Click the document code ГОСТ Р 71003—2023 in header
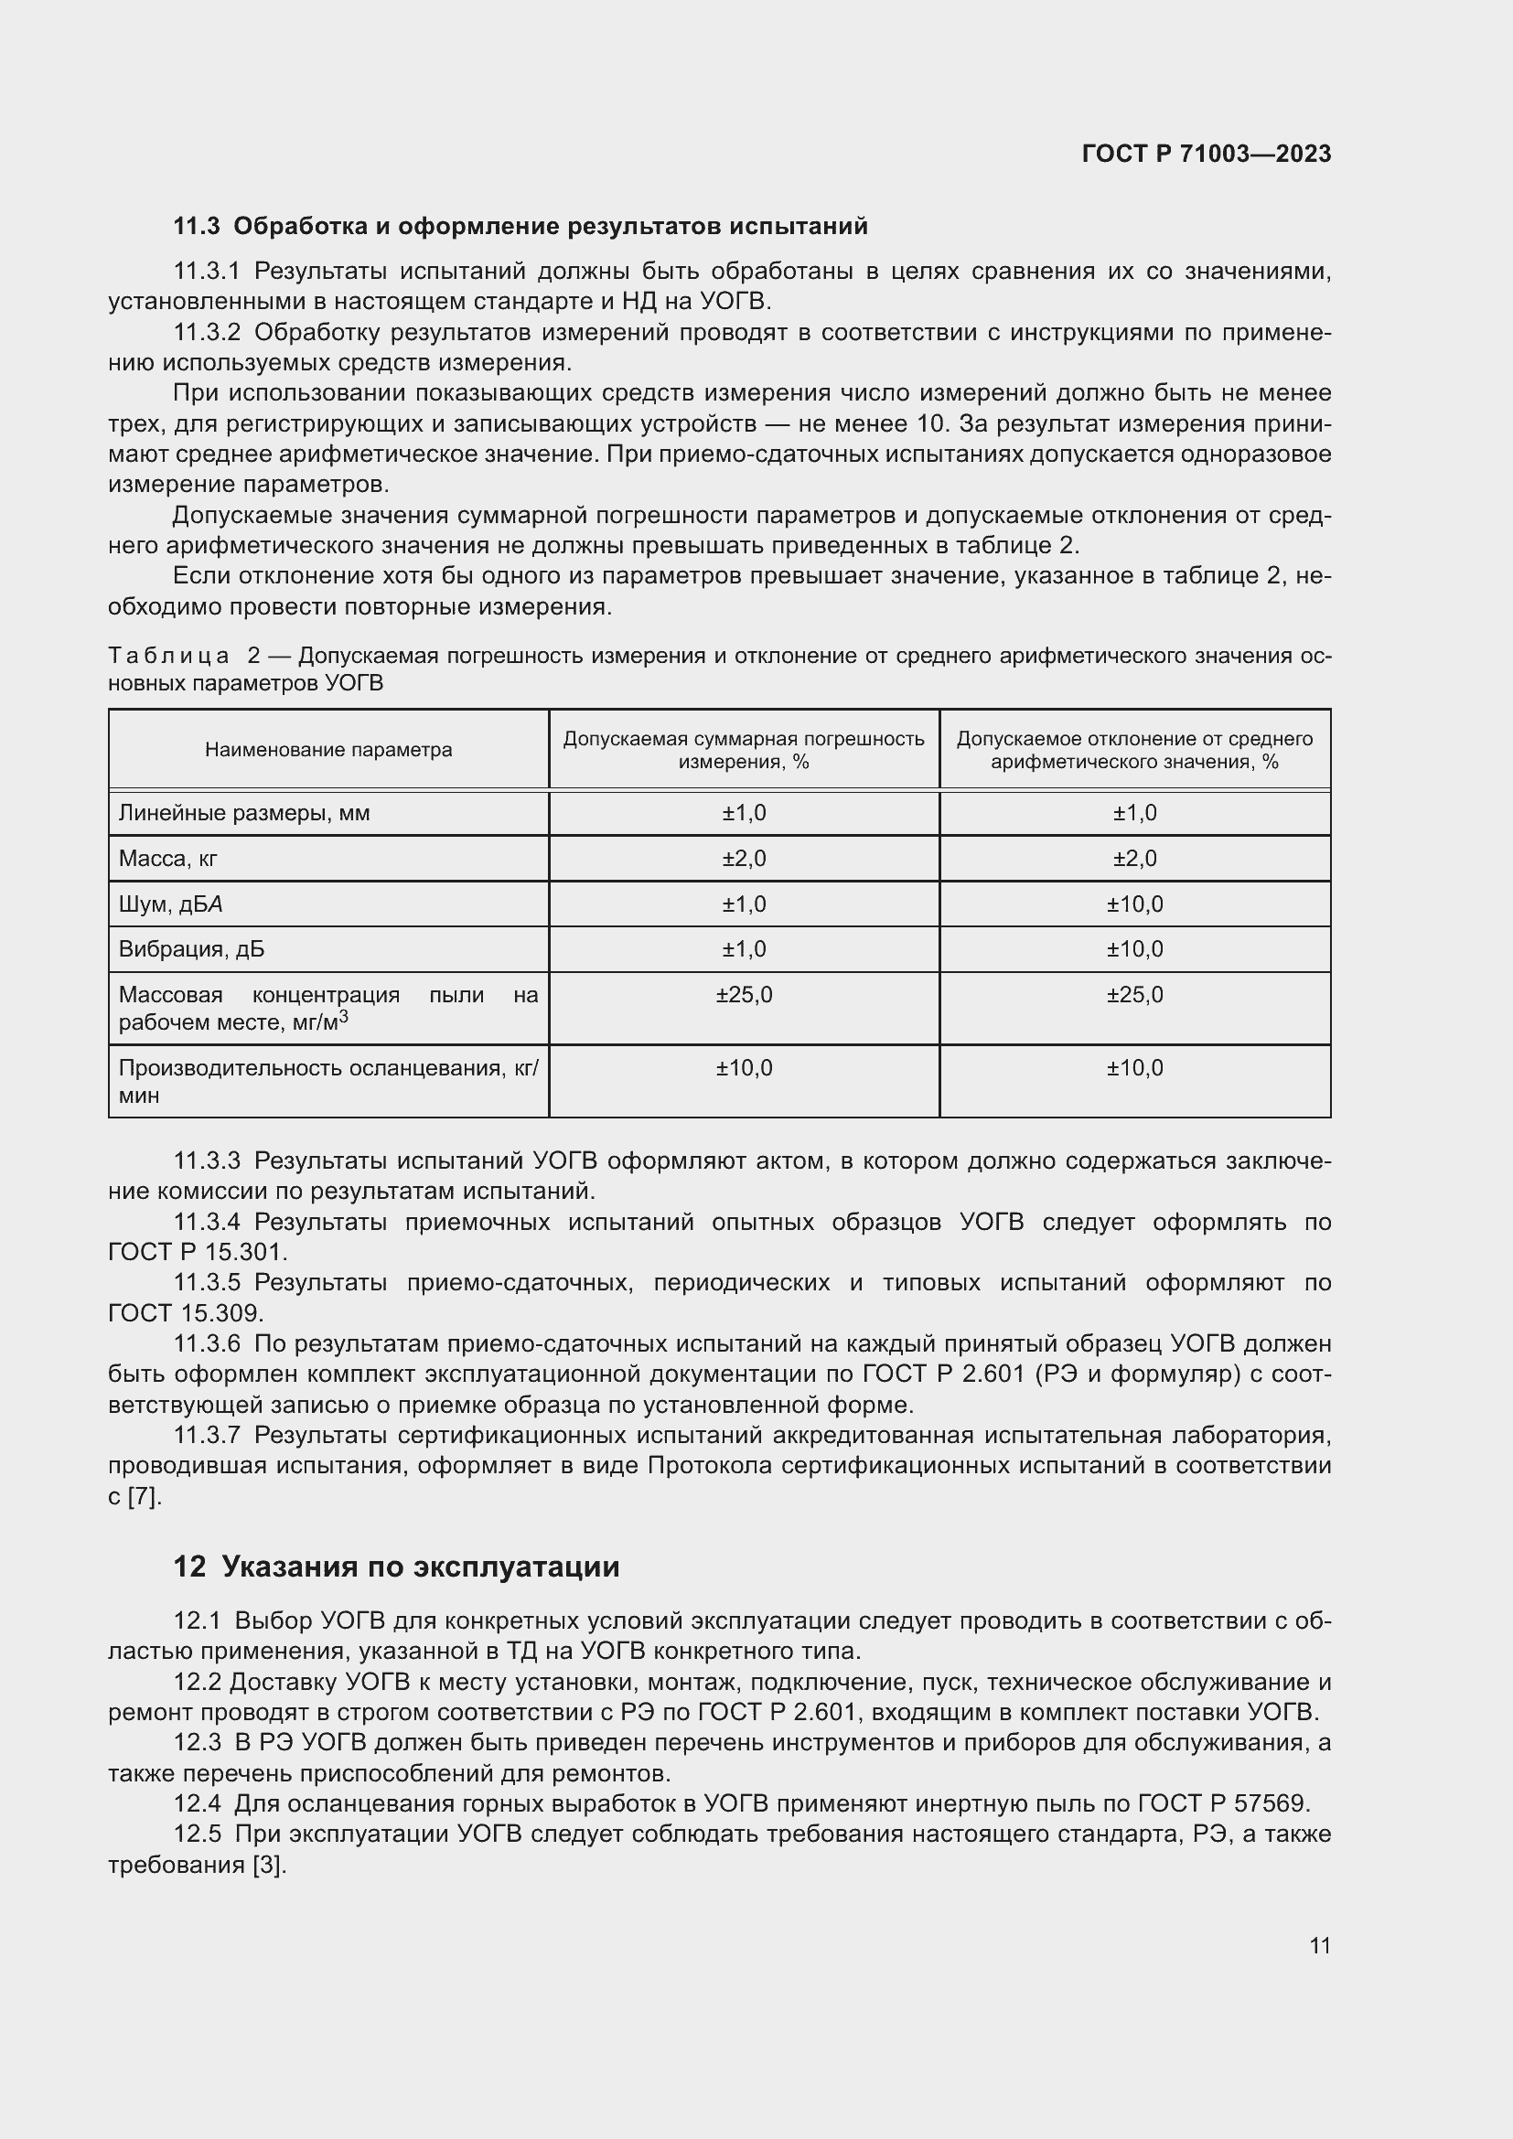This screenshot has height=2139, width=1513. click(x=1206, y=154)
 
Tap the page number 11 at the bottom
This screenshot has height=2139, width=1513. click(x=1319, y=1945)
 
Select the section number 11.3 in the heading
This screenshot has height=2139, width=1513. click(x=196, y=227)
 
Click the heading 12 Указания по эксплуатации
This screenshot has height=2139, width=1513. click(x=396, y=1567)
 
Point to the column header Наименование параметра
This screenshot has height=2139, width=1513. click(x=328, y=750)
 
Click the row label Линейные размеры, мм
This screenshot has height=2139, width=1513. click(x=244, y=813)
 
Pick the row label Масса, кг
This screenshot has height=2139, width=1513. click(x=167, y=859)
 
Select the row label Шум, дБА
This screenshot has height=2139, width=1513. click(x=170, y=904)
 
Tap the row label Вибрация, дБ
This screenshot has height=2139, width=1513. click(x=191, y=949)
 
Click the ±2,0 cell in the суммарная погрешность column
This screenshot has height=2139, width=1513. click(x=744, y=859)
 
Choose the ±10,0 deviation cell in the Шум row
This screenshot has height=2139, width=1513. click(x=1133, y=904)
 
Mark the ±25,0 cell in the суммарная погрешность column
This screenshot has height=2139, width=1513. click(x=744, y=995)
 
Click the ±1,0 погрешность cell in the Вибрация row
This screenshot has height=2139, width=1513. click(x=744, y=949)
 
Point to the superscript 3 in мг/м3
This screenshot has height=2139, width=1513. click(x=344, y=1016)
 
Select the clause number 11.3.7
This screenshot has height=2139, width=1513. click(x=207, y=1436)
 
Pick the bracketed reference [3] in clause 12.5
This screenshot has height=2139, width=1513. click(x=268, y=1865)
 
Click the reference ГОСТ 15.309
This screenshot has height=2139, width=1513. click(x=186, y=1313)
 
